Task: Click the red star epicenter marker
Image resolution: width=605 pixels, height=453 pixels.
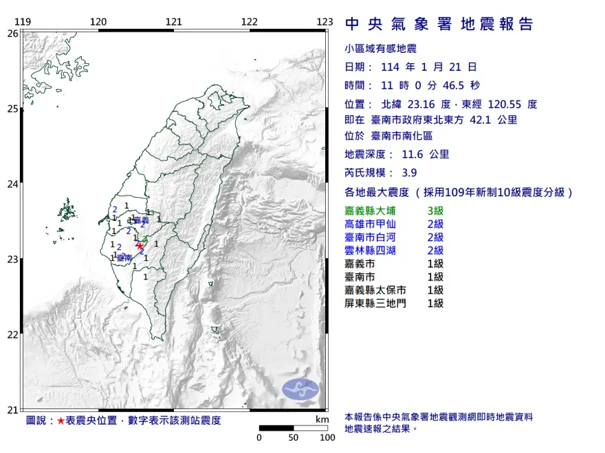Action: click(140, 245)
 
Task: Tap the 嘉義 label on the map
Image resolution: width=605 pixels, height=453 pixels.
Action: click(141, 220)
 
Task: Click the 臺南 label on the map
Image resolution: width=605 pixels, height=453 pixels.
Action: click(124, 257)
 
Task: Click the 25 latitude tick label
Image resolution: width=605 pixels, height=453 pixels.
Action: click(12, 108)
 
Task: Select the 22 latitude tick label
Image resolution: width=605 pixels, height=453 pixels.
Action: click(12, 335)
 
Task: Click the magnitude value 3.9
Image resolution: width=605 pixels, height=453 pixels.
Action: click(409, 173)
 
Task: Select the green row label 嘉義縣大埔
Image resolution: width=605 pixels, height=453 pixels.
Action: click(375, 211)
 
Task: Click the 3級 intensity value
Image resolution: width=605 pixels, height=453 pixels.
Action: click(435, 211)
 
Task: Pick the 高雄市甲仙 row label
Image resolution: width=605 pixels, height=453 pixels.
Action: click(375, 224)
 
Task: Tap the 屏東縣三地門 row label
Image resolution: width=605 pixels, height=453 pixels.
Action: click(379, 303)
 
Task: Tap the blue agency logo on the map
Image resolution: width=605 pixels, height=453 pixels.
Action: click(300, 388)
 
